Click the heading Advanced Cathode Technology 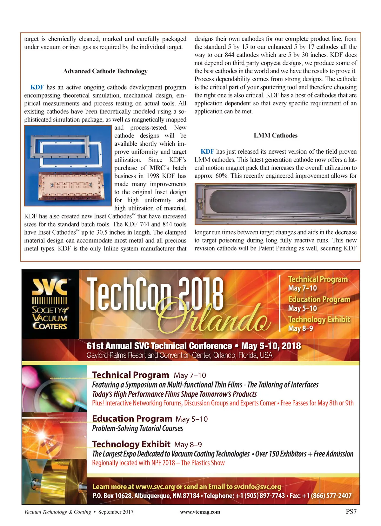tap(105, 71)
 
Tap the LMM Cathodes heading tap(275, 136)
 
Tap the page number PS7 tap(351, 512)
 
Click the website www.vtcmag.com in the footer tap(200, 512)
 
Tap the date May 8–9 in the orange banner tap(300, 328)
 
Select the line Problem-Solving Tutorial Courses tap(137, 428)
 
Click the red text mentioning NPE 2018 tap(158, 463)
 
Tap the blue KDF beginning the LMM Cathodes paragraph tap(207, 152)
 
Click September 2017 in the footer tap(116, 512)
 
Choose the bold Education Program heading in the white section tap(132, 419)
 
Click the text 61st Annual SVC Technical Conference tap(159, 346)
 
